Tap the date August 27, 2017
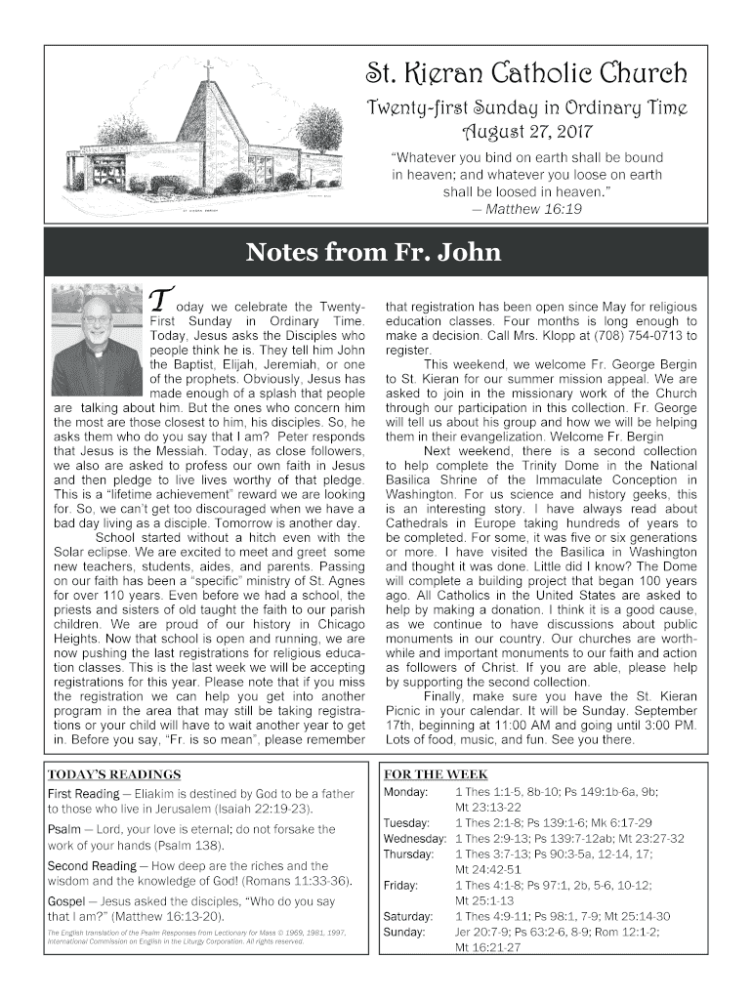coord(525,129)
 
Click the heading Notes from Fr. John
coord(374,253)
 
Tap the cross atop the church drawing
coord(208,70)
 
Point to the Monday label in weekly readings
coord(405,791)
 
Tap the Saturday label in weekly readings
coord(408,916)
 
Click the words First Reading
coord(83,794)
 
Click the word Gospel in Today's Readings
coord(68,901)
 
